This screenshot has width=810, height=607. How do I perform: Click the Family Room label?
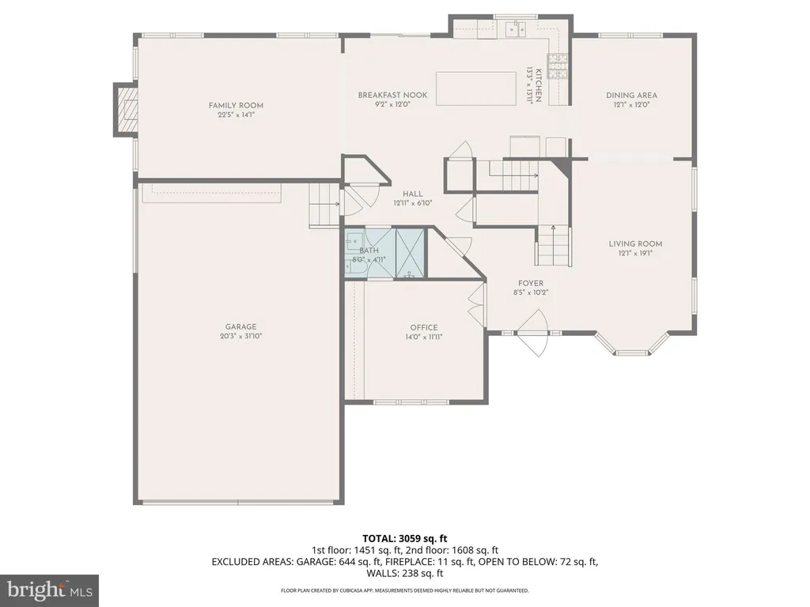click(236, 105)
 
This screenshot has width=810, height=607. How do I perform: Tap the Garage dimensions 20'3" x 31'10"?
click(240, 336)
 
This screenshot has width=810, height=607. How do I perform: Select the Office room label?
click(424, 328)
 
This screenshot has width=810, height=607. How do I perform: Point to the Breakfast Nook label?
click(392, 95)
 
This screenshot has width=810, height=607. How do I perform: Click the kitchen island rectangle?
click(475, 89)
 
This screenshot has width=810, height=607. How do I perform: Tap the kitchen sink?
click(515, 29)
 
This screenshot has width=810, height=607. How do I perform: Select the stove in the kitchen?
click(558, 66)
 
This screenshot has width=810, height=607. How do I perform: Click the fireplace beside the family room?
click(126, 109)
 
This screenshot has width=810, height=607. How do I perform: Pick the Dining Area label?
click(631, 96)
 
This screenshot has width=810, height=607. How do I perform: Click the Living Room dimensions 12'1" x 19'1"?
click(635, 254)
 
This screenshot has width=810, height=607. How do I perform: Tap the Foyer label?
click(531, 284)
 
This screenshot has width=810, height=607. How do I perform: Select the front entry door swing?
click(532, 333)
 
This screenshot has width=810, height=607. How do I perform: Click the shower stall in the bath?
click(411, 253)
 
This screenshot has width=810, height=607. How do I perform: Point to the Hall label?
click(413, 194)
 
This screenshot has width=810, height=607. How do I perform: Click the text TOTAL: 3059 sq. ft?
click(404, 539)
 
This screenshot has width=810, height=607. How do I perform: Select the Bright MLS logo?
click(50, 590)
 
